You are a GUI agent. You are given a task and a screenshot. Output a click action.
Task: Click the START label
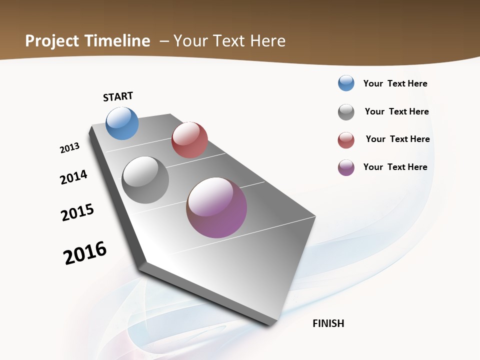(118, 96)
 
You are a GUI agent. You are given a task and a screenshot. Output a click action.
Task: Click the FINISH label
(328, 323)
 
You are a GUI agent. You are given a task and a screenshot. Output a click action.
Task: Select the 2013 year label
(69, 148)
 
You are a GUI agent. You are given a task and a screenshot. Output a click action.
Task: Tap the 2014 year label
(73, 177)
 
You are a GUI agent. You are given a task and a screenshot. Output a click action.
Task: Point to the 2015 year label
(77, 212)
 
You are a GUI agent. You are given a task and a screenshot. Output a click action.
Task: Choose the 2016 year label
(85, 253)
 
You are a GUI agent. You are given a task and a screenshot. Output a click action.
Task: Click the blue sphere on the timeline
(122, 123)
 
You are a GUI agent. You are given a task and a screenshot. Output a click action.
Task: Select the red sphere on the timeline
(189, 140)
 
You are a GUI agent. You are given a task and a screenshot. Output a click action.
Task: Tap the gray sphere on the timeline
(145, 180)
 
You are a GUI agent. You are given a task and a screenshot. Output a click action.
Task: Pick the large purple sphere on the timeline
(216, 207)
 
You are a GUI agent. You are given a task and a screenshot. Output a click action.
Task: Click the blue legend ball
(346, 83)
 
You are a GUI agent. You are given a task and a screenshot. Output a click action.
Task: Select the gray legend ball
(346, 112)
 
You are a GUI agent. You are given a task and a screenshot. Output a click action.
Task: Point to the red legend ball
(346, 140)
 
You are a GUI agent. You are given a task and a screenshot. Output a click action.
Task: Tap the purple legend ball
(346, 167)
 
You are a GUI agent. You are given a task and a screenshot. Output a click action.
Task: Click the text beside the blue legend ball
(395, 83)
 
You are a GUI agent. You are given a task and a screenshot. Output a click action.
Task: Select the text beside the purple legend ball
(395, 167)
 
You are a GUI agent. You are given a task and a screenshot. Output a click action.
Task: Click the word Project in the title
(52, 41)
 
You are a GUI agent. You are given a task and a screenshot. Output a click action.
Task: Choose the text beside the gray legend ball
(396, 111)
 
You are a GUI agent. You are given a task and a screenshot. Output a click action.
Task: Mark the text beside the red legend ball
(397, 139)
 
